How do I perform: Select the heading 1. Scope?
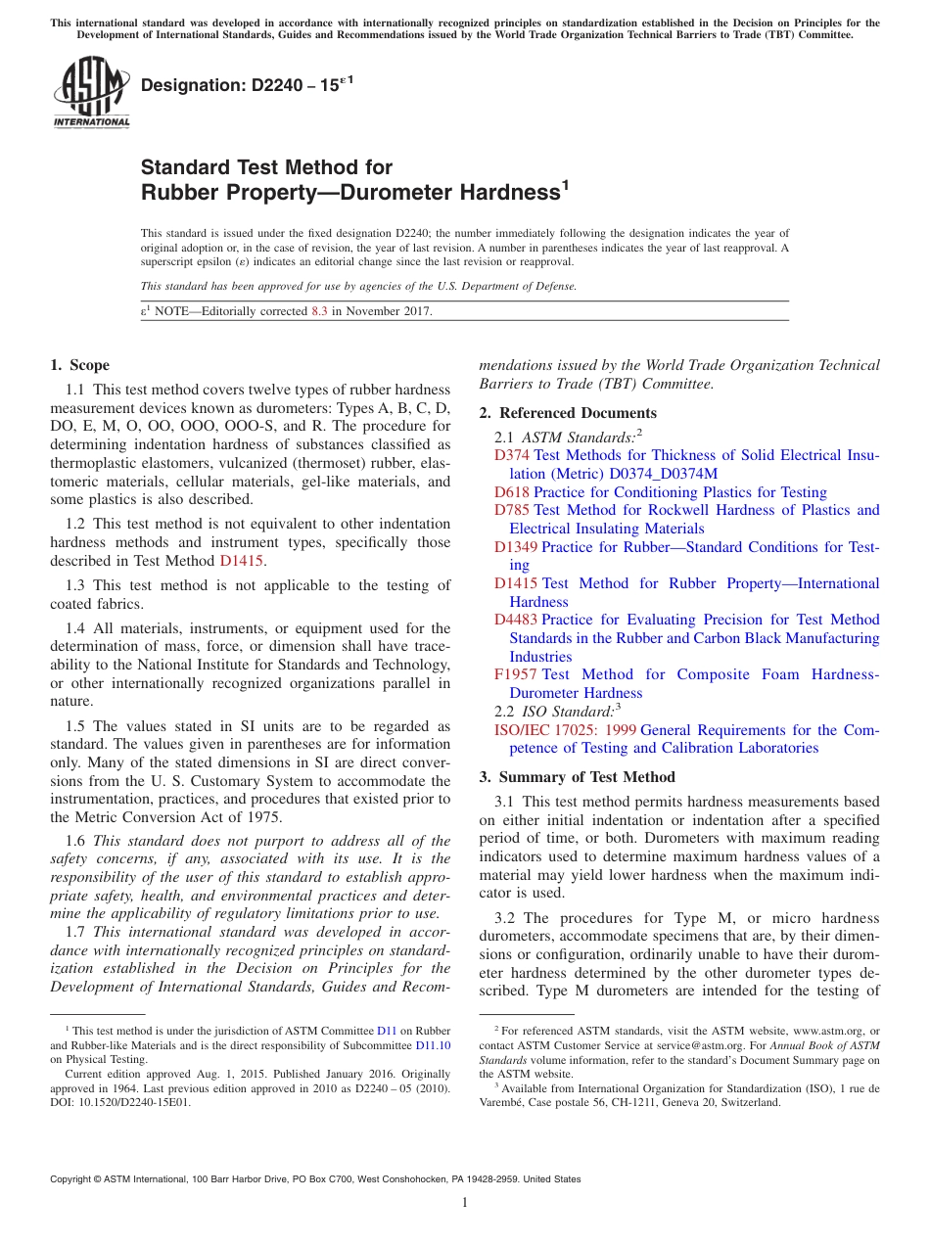[x=79, y=365]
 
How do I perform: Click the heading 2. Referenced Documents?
[x=568, y=413]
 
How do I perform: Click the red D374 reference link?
[x=512, y=455]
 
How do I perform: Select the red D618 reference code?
[x=512, y=492]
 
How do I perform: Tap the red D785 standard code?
[x=512, y=510]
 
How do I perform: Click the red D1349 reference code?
[x=516, y=547]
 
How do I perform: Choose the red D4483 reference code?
[x=516, y=620]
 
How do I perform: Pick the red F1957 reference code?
[x=516, y=674]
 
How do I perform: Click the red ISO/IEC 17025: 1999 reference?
[x=565, y=730]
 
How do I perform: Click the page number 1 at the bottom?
[x=465, y=1203]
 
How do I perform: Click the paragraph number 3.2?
[x=506, y=918]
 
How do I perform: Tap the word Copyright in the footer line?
[x=71, y=1179]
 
